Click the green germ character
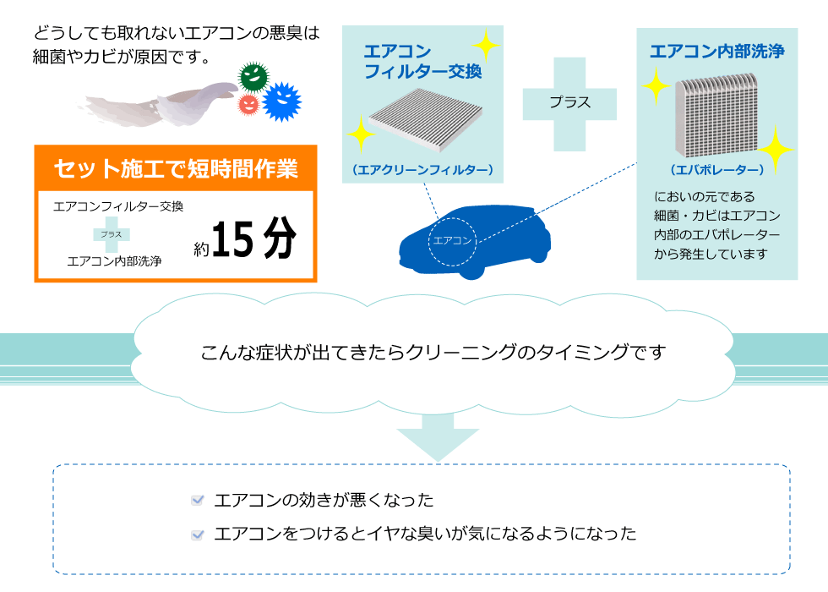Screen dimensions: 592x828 pos(253,76)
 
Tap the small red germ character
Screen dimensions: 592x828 pos(248,104)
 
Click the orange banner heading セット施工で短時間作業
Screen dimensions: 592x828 pos(176,168)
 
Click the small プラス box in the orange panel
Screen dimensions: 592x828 pos(111,233)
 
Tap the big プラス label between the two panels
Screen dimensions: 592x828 pos(569,102)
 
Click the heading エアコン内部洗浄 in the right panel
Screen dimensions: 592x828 pos(716,51)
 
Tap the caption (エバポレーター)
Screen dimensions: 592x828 pos(716,170)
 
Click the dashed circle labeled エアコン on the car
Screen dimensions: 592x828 pos(452,239)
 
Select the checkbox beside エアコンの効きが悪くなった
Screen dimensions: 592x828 pos(198,501)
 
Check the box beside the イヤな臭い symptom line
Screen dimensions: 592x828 pos(198,534)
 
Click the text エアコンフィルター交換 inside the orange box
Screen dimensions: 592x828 pos(118,206)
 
